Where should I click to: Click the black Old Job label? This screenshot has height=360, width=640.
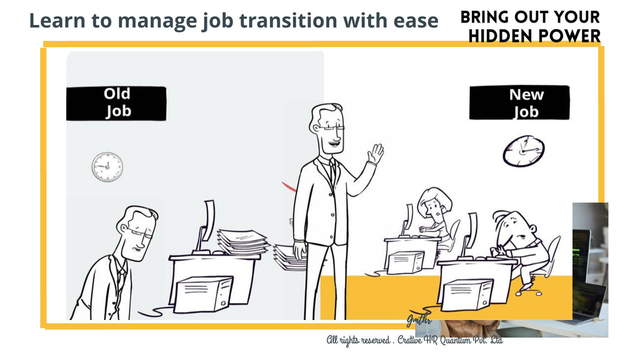116,103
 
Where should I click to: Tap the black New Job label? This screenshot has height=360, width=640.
519,103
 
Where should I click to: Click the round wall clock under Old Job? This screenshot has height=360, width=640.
107,167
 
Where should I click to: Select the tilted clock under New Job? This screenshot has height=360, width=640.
523,151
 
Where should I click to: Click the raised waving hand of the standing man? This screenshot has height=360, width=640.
375,154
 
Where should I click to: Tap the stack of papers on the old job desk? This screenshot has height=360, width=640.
241,241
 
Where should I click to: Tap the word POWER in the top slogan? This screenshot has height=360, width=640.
569,36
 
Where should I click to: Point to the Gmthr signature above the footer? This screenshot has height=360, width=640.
419,320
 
